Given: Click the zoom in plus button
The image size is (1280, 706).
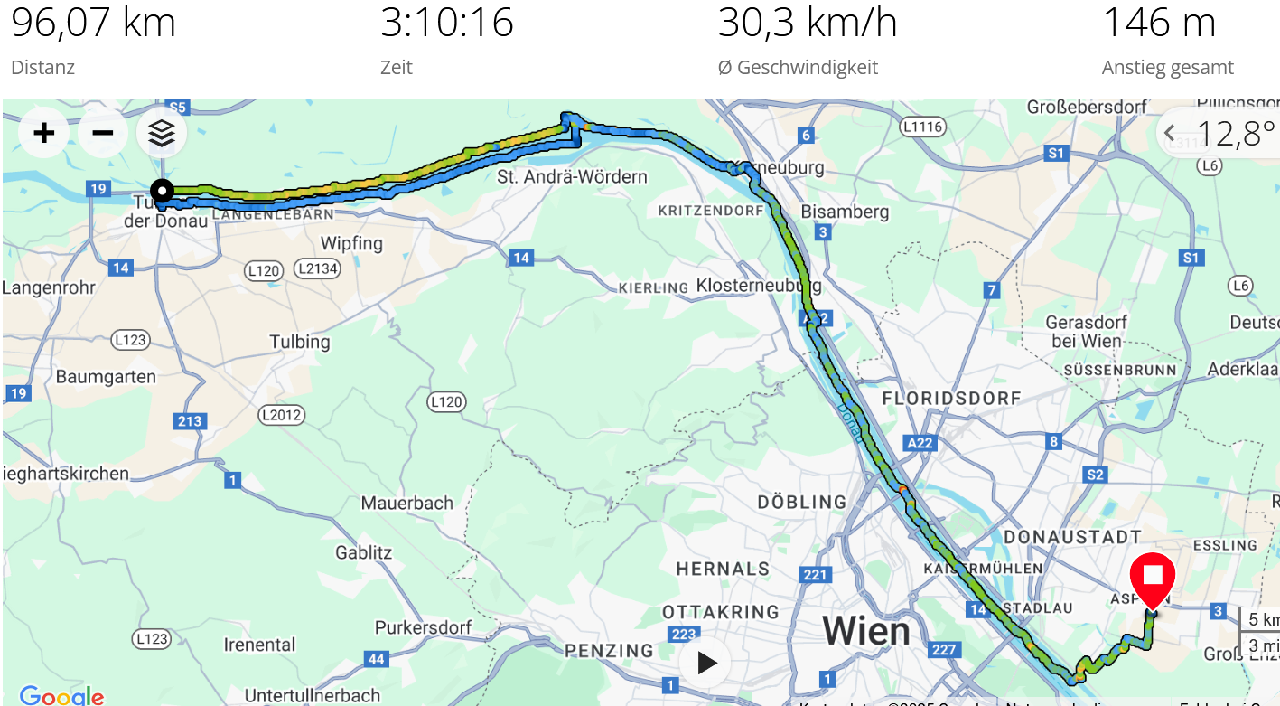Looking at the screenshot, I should [x=43, y=134].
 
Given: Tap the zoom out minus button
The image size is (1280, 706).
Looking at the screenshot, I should [x=103, y=134].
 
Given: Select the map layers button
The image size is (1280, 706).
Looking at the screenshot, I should [x=162, y=134].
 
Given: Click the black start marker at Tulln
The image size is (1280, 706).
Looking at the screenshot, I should [x=163, y=191].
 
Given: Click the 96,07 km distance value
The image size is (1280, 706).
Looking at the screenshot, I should [x=93, y=23].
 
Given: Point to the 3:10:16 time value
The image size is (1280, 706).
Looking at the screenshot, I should [x=446, y=23].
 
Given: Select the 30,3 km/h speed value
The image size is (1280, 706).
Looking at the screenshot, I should [x=807, y=23].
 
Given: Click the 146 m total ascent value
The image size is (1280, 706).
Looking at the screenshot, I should [x=1159, y=23].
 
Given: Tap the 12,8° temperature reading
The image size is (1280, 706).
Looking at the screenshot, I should [x=1234, y=134].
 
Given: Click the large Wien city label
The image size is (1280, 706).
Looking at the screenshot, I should [x=865, y=630].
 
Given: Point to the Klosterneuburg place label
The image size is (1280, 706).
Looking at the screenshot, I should [x=759, y=286].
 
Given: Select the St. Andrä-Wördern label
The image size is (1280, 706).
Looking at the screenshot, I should [x=573, y=176].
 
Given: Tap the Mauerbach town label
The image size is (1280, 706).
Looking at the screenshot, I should [x=406, y=503].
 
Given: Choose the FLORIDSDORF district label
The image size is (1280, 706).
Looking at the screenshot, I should [x=951, y=398].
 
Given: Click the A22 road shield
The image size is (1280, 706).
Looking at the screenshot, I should [x=920, y=442].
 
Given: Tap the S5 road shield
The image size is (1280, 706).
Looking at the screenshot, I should [x=177, y=108].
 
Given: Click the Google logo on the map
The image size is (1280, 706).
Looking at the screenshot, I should [x=61, y=696].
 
